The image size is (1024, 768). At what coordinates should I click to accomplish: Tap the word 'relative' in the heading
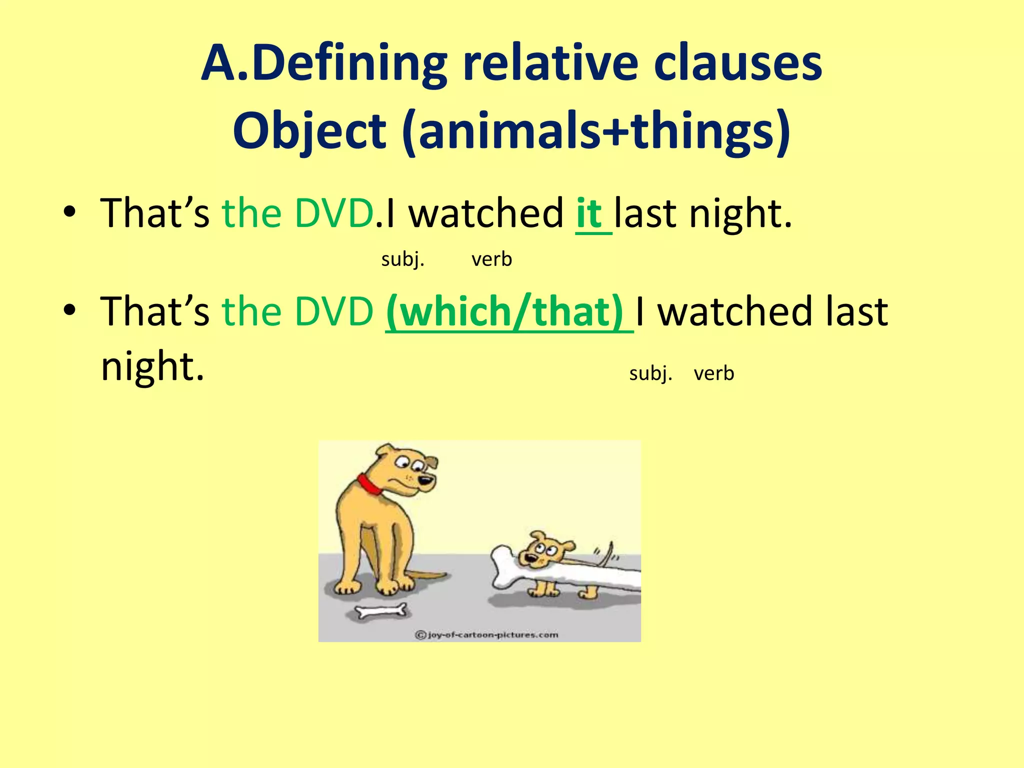(x=550, y=63)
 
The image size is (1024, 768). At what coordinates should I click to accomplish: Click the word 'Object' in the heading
(x=309, y=131)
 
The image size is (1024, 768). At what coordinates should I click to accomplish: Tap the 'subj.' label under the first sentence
(x=402, y=259)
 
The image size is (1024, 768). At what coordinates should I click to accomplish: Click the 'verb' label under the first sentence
(x=491, y=259)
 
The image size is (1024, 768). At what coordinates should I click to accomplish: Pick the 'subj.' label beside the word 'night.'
(x=650, y=373)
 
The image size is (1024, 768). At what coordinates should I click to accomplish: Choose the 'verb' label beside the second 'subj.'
(x=714, y=373)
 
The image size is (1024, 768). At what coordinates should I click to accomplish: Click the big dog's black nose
(x=425, y=481)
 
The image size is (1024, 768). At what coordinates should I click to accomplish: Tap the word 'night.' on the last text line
(x=152, y=366)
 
